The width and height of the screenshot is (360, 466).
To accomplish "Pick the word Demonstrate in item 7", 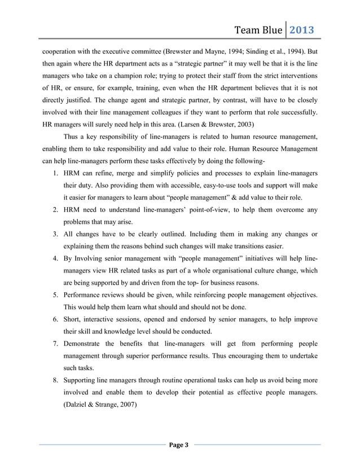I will click(x=86, y=344).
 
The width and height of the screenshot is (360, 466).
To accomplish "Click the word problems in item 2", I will click(x=79, y=223).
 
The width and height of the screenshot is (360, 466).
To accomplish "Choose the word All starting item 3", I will click(x=69, y=235).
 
